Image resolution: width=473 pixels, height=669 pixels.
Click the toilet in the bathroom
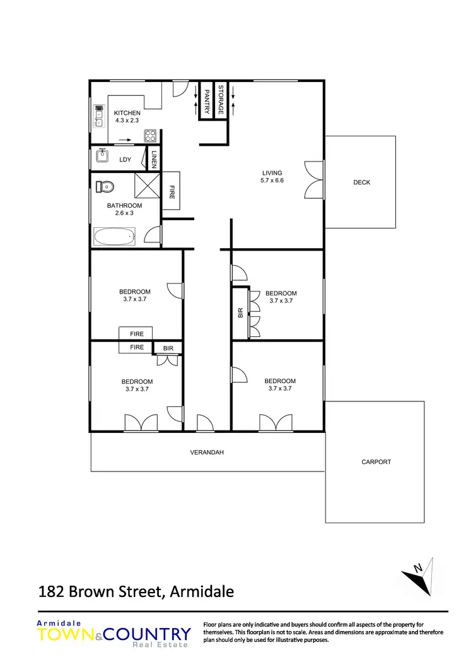104,187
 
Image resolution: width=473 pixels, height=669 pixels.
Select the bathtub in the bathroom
114,238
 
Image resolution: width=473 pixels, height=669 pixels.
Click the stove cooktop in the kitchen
150,135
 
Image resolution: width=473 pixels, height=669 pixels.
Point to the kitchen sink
98,115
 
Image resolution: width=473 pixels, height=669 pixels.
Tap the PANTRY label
206,101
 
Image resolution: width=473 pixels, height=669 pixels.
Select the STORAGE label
221,100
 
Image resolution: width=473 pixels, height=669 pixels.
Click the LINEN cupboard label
155,159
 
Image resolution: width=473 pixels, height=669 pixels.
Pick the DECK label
361,182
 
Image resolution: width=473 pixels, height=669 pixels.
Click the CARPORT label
376,462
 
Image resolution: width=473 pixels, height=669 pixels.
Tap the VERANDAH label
207,453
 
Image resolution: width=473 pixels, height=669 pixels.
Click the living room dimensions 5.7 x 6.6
272,181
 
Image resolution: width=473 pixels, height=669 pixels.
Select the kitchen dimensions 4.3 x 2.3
127,121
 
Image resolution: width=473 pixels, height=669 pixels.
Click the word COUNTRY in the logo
151,634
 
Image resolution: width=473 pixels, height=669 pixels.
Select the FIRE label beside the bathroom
172,191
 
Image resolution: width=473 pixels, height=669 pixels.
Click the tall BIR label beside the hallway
240,312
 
